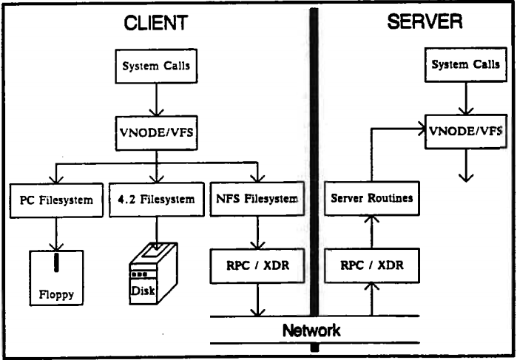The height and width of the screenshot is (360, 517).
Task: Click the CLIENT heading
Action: pos(155,24)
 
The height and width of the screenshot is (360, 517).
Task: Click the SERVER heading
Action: pos(425,22)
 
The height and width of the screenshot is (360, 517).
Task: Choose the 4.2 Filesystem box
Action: pos(156,198)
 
